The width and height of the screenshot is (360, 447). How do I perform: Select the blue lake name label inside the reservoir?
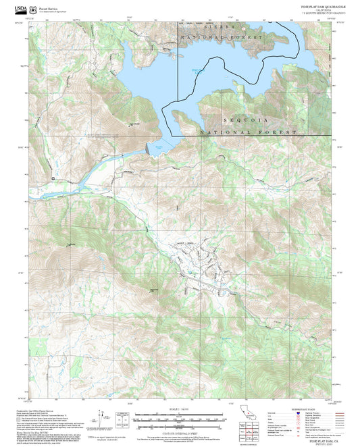click(197, 71)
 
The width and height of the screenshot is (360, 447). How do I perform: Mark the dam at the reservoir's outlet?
click(150, 149)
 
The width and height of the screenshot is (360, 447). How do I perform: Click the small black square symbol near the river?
click(52, 178)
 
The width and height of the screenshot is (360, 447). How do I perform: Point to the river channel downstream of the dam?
click(101, 169)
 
